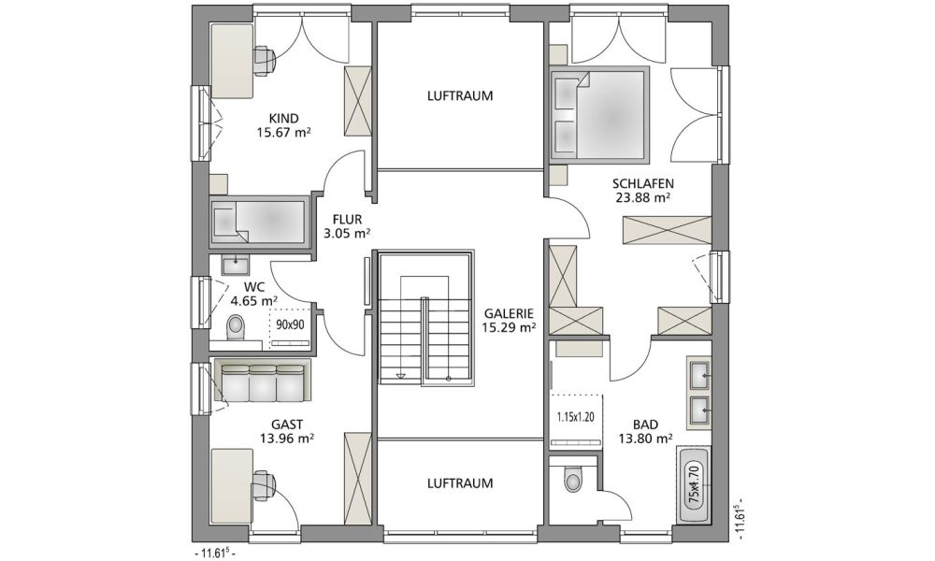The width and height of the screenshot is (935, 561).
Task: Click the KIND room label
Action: [283, 119]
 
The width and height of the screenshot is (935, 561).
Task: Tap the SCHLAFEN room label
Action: [643, 183]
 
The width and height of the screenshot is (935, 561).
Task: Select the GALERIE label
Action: [509, 313]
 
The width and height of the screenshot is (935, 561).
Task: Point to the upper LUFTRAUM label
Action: [460, 96]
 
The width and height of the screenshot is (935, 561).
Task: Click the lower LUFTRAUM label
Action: [460, 483]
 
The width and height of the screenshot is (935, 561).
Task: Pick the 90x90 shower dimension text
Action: [291, 325]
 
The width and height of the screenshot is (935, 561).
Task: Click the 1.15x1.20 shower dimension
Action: [576, 417]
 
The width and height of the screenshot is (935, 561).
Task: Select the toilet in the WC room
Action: [237, 327]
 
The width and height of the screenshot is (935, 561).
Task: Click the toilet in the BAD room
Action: [573, 480]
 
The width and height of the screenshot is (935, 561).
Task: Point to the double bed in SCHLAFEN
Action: [598, 113]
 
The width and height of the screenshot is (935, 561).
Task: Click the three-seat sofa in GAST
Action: [262, 380]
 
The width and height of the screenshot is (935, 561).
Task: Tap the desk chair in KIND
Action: [264, 61]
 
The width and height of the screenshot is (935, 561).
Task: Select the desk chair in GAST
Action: [264, 484]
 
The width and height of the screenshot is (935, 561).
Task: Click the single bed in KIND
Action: [258, 222]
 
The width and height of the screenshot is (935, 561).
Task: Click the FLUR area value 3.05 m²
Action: [347, 234]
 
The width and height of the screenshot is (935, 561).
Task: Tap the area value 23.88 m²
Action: [643, 198]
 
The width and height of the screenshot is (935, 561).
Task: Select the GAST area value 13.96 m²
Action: [287, 439]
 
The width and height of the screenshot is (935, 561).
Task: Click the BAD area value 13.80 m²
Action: [645, 439]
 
